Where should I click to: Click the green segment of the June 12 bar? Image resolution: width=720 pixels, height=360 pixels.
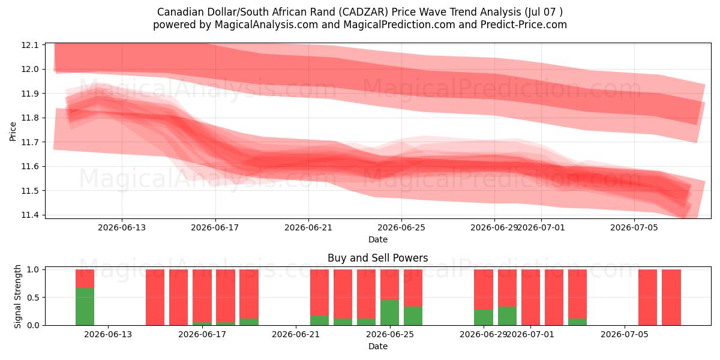click(x=85, y=307)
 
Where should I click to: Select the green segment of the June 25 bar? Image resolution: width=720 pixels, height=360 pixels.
click(x=389, y=313)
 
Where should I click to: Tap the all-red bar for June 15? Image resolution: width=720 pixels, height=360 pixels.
click(x=178, y=298)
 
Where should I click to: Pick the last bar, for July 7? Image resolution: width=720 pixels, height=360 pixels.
click(x=671, y=298)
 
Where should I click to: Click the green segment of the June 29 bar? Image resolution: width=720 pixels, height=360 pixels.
click(x=484, y=317)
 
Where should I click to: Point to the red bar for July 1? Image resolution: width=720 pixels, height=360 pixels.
click(x=530, y=298)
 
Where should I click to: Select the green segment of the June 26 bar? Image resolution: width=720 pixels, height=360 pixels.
click(x=413, y=316)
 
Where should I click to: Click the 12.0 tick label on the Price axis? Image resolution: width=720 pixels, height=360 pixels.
click(x=30, y=69)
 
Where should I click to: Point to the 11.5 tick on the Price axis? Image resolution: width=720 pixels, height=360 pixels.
click(x=30, y=191)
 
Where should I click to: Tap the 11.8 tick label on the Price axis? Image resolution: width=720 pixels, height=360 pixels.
click(x=30, y=118)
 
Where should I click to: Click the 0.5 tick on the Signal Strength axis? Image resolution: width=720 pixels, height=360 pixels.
click(x=33, y=298)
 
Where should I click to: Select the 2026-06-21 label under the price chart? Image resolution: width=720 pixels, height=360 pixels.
click(x=308, y=227)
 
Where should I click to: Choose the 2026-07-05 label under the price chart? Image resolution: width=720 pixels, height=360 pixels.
click(x=634, y=227)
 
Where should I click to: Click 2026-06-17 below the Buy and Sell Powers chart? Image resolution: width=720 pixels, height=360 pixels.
click(x=202, y=334)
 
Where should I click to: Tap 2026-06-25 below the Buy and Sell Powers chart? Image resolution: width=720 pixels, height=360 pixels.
click(x=390, y=334)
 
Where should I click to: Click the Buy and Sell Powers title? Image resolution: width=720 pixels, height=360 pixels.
click(x=377, y=258)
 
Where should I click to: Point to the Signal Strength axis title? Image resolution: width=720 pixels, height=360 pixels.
click(x=17, y=296)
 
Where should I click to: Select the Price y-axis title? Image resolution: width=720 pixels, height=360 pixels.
click(x=13, y=131)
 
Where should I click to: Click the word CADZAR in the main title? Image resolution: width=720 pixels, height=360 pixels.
click(x=363, y=12)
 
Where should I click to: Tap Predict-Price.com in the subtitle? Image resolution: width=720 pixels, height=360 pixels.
click(x=524, y=25)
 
